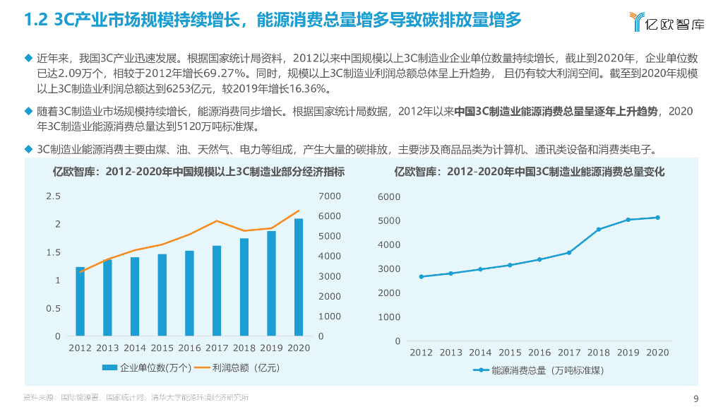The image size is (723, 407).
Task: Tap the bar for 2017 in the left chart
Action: point(217,291)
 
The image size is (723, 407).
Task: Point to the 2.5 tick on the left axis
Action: point(53,196)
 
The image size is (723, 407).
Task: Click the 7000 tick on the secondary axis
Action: point(330,196)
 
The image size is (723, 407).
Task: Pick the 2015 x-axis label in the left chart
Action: point(162,348)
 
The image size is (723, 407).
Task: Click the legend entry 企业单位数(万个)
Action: point(147,367)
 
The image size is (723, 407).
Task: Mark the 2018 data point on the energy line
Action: point(598,229)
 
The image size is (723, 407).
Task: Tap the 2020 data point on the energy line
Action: point(657,218)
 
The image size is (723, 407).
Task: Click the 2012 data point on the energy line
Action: point(422,276)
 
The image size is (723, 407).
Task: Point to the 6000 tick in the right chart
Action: point(389,196)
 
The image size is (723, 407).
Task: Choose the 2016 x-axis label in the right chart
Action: point(539,353)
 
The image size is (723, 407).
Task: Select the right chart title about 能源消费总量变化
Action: point(529,172)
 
